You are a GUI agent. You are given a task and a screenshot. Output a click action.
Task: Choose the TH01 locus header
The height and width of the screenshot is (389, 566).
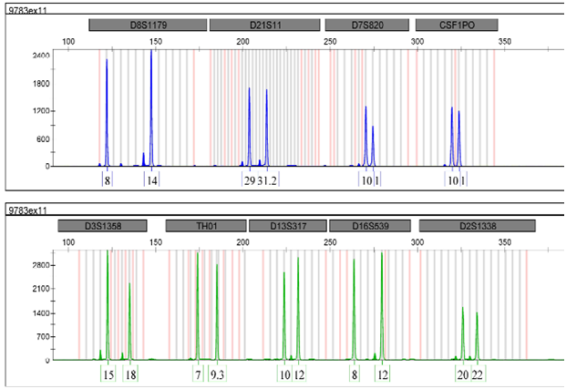click(205, 226)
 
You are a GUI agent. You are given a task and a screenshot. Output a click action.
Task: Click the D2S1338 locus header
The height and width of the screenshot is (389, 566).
click(471, 226)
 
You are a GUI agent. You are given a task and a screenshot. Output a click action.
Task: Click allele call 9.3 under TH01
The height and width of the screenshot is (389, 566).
click(217, 375)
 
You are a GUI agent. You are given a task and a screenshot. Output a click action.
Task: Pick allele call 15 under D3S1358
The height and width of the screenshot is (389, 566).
click(108, 375)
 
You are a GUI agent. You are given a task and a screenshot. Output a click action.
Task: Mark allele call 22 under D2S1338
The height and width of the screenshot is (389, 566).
click(477, 375)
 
